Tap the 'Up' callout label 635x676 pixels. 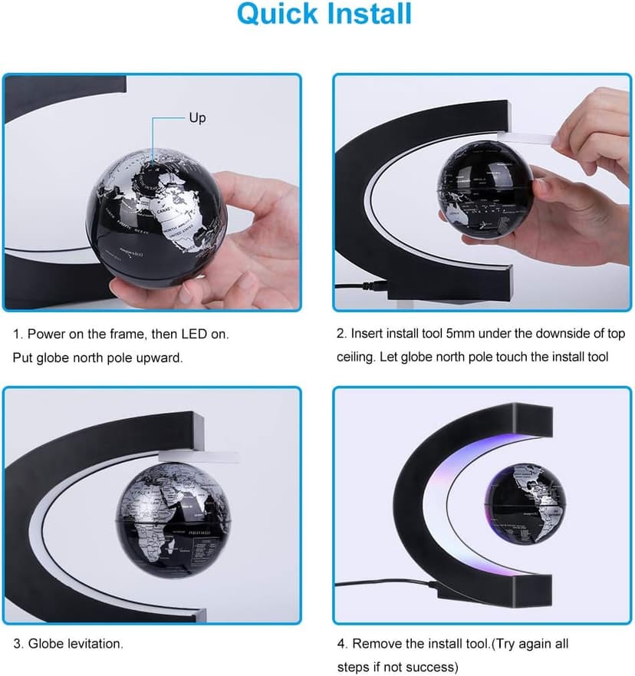click(x=197, y=118)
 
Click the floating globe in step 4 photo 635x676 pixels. click(x=525, y=503)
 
